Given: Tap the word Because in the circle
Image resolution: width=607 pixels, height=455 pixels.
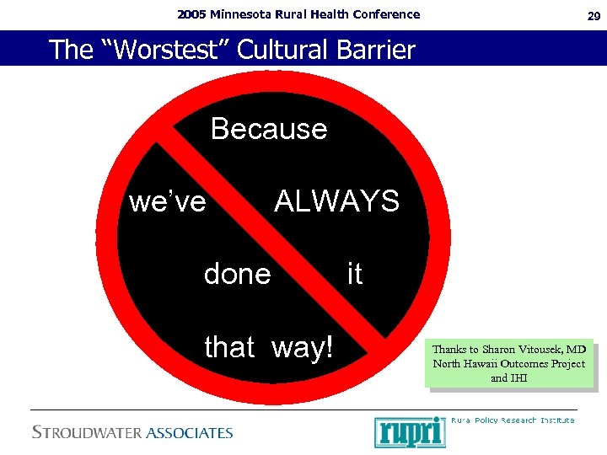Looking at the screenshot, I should pyautogui.click(x=269, y=129).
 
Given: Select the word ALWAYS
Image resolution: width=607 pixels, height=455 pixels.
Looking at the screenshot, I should pyautogui.click(x=337, y=201).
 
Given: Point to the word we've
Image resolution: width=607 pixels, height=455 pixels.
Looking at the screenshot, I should pyautogui.click(x=168, y=202).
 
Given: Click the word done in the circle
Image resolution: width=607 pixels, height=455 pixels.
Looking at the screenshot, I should pyautogui.click(x=238, y=274).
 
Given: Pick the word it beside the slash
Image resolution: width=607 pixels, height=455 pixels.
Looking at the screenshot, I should pyautogui.click(x=355, y=274).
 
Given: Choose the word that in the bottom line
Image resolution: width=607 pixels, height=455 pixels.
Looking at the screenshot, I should pyautogui.click(x=229, y=346).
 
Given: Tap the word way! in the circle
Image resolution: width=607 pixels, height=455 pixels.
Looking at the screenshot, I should pyautogui.click(x=303, y=347).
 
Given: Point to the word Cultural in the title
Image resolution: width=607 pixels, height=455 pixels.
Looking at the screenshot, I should pyautogui.click(x=277, y=50).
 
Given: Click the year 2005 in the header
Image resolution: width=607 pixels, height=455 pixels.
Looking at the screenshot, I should pyautogui.click(x=191, y=14).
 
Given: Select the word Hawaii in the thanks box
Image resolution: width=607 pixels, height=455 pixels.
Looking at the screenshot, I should pyautogui.click(x=481, y=364).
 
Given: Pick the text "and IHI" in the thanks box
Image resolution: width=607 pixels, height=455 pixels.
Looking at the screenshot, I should pyautogui.click(x=509, y=378).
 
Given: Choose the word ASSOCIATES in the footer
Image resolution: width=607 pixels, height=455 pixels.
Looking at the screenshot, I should pyautogui.click(x=189, y=433).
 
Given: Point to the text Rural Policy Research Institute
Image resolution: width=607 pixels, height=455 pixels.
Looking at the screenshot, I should pyautogui.click(x=513, y=420).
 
